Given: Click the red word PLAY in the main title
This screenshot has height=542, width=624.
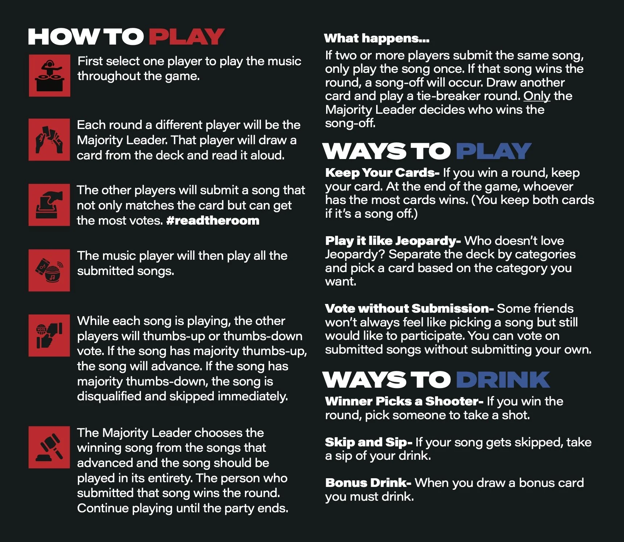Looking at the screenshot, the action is [187, 37].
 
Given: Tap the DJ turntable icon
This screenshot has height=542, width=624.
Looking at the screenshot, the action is [50, 75].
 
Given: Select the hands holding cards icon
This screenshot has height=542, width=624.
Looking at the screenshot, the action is [49, 139].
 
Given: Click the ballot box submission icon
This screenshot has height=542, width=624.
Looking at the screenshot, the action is [49, 205].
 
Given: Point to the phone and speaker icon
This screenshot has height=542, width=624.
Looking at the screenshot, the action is [49, 270].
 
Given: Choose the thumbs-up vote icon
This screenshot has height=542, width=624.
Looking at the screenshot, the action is [49, 335].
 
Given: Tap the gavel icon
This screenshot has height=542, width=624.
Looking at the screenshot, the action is [49, 447].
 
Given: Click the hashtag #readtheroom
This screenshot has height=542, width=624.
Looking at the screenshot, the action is [213, 220].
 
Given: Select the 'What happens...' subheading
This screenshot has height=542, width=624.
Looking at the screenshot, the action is [377, 38].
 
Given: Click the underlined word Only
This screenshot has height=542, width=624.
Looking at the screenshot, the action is [537, 96].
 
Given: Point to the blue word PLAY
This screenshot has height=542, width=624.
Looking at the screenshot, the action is [494, 151].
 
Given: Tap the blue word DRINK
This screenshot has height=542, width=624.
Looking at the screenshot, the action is [503, 380].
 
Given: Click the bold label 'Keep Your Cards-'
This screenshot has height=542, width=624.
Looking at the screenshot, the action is [382, 173].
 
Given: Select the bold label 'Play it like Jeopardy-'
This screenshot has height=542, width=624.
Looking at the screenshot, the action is [393, 241].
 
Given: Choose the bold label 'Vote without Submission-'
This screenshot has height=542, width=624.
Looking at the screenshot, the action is [409, 308].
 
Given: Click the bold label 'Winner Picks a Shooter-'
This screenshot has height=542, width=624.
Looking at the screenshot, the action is [404, 401].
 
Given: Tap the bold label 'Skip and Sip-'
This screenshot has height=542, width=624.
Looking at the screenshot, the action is [369, 442].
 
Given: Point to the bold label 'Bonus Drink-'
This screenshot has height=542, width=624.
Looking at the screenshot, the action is [368, 483].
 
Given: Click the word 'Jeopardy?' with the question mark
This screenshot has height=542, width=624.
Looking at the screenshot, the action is [355, 255].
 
